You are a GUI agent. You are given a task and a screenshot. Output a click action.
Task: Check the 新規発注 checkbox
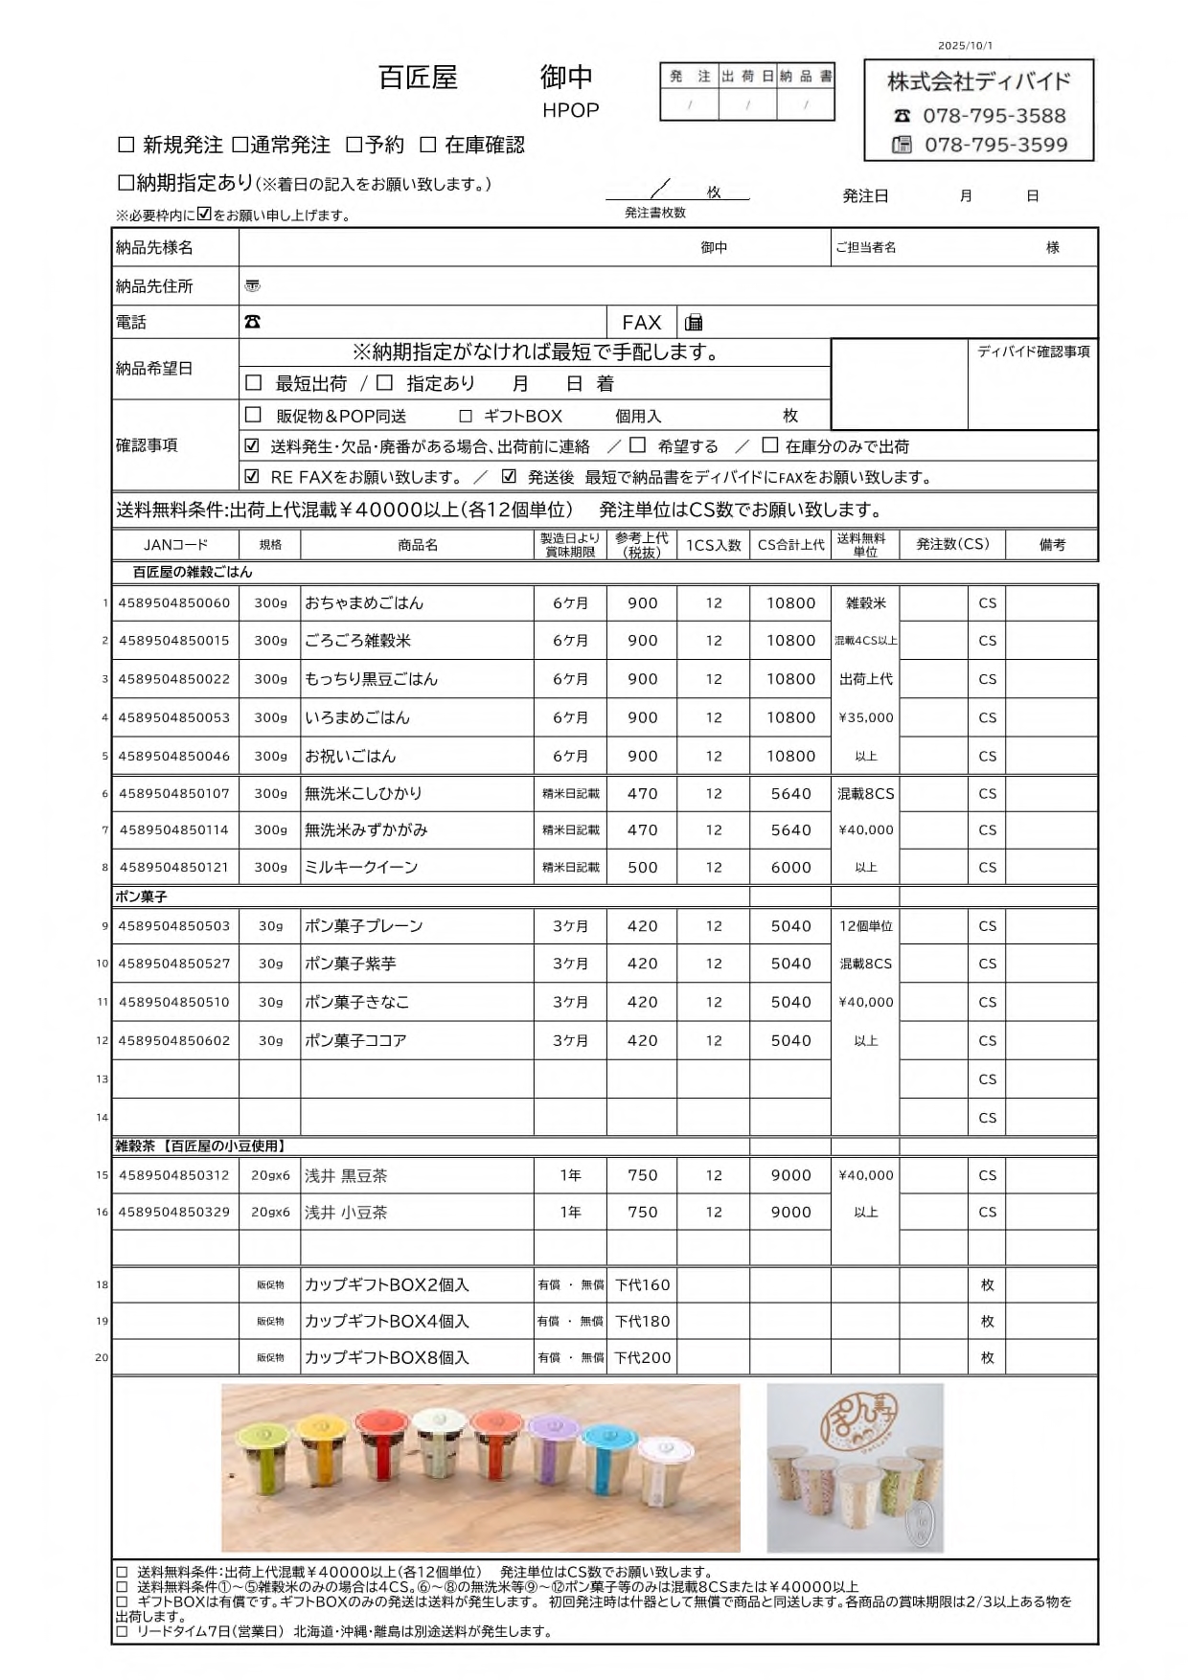[x=126, y=145]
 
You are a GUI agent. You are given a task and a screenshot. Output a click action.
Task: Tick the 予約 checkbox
[x=354, y=145]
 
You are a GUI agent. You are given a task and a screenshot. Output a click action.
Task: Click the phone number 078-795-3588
[x=994, y=116]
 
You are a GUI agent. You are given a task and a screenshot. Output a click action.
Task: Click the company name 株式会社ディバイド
[x=978, y=81]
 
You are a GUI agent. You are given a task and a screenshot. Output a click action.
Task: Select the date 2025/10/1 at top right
[x=965, y=45]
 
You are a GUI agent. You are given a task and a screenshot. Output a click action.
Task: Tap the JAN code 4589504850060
[x=174, y=602]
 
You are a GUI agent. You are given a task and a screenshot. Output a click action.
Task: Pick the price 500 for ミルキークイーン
[x=642, y=868]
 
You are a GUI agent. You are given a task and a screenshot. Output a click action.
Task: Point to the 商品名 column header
[x=417, y=545]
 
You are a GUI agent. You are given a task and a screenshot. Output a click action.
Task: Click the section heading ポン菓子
[x=141, y=897]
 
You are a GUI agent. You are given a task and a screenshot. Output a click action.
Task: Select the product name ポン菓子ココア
[x=355, y=1040]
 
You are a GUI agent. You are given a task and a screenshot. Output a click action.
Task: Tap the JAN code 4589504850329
[x=174, y=1212]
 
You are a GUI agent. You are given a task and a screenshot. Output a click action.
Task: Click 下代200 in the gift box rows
[x=642, y=1357]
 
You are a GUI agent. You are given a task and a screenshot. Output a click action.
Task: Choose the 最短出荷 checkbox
[x=254, y=383]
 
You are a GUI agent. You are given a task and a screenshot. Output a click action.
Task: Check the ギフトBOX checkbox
[x=466, y=416]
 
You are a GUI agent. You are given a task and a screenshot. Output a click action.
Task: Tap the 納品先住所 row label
[x=154, y=285]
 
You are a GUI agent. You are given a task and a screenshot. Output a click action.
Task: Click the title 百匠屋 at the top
[x=418, y=78]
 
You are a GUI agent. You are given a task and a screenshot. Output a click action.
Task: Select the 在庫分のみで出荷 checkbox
[x=769, y=445]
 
